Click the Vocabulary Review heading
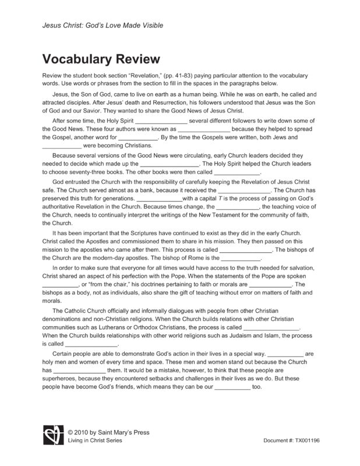[101, 60]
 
